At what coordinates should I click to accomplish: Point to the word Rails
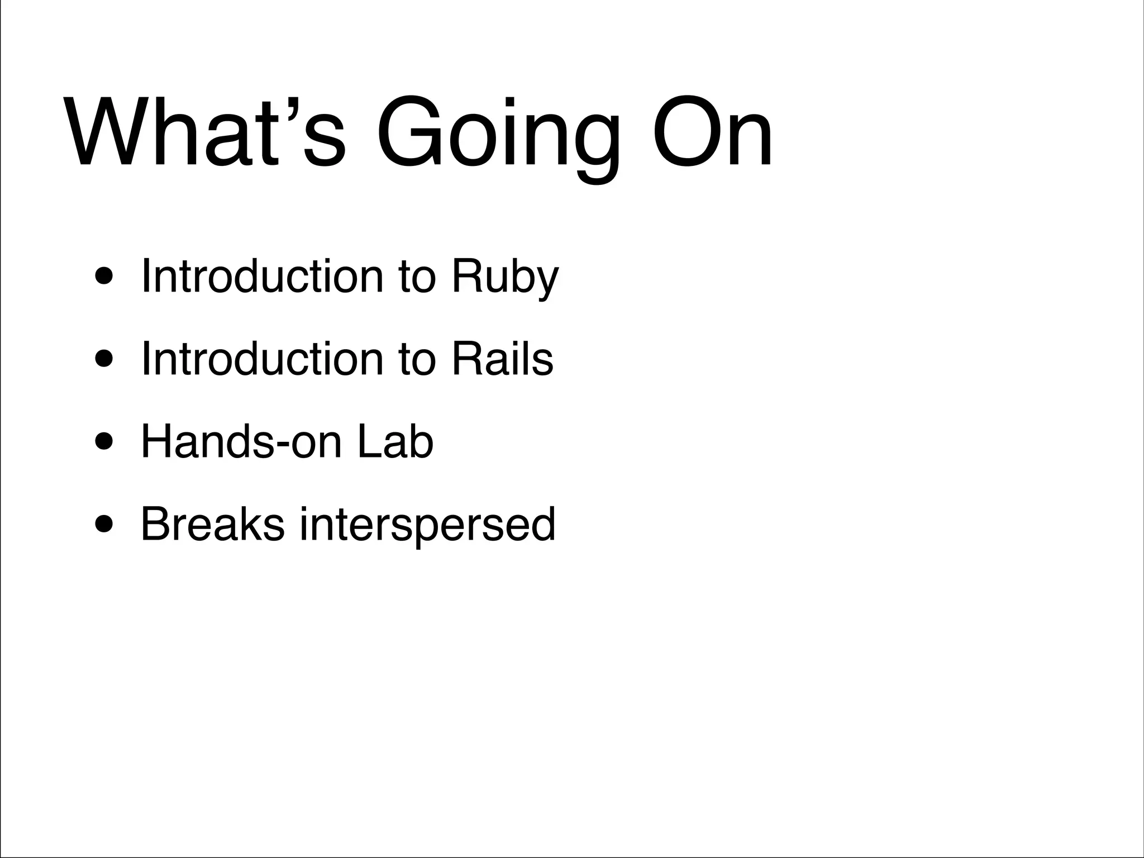coord(502,359)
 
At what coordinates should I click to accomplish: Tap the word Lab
coord(395,442)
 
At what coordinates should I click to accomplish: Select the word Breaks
coord(212,524)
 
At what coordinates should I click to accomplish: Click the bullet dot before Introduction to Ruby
coord(106,278)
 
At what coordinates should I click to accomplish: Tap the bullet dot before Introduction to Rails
coord(106,360)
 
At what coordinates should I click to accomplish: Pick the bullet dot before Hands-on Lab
coord(106,443)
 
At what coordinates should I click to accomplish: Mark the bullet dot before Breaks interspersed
coord(106,526)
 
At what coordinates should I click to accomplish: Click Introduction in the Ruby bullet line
coord(262,276)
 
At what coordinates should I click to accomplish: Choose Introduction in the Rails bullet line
coord(262,359)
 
